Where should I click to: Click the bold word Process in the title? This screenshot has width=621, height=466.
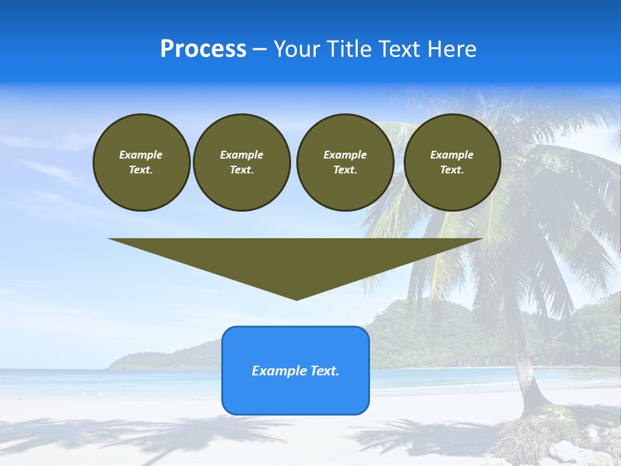[203, 49]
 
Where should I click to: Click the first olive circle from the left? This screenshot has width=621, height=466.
[141, 162]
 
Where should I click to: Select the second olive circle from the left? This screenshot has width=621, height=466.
[241, 162]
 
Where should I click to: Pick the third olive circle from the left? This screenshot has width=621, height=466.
[345, 162]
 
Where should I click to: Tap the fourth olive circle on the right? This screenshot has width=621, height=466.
[452, 162]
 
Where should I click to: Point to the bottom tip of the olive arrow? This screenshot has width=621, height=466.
[296, 299]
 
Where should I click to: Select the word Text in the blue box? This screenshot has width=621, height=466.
[323, 371]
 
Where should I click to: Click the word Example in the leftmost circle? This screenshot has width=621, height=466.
[141, 155]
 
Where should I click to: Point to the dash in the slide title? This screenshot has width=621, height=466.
[259, 50]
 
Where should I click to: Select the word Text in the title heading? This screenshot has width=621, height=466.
[397, 49]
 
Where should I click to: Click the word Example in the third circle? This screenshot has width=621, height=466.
[345, 155]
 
